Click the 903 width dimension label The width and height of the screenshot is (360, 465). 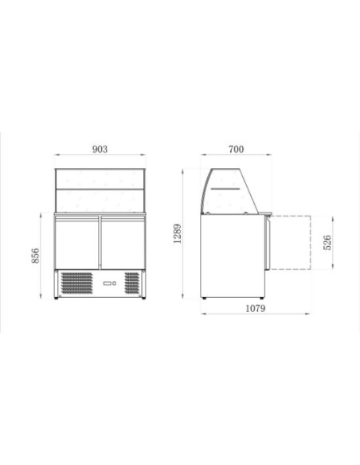pyautogui.click(x=100, y=149)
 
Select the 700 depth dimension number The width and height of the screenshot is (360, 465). pyautogui.click(x=236, y=149)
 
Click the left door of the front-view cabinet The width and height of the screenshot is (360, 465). pyautogui.click(x=78, y=243)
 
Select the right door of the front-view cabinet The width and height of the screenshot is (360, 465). pyautogui.click(x=122, y=243)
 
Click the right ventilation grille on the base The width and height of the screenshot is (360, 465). pyautogui.click(x=131, y=282)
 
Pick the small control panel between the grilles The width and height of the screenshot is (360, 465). pyautogui.click(x=108, y=282)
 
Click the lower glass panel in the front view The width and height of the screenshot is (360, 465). pyautogui.click(x=100, y=200)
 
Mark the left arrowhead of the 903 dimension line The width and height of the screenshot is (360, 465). pyautogui.click(x=57, y=156)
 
